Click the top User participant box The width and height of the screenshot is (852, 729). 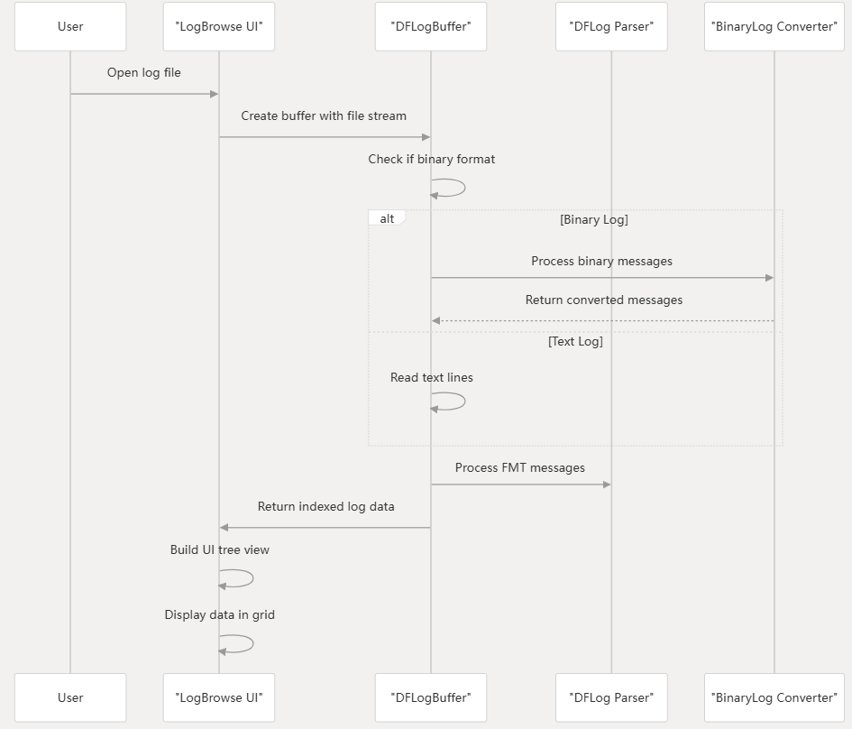point(70,26)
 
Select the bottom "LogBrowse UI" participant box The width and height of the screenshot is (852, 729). point(219,697)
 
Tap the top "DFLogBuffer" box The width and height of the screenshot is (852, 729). point(430,26)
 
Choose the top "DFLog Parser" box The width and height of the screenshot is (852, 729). point(611,26)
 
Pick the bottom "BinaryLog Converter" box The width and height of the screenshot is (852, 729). point(774,697)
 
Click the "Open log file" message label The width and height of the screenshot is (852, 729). point(144,73)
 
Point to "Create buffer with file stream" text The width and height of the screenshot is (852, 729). point(324,116)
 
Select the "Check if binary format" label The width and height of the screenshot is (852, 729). point(431,160)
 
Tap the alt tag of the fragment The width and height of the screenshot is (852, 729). point(387,218)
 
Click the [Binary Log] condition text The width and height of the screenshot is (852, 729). point(593,219)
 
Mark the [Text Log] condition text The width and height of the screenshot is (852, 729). point(575,342)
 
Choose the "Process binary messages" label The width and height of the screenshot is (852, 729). point(601,262)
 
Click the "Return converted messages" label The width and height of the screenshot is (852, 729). point(603,300)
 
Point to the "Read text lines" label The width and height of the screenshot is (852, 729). point(431,378)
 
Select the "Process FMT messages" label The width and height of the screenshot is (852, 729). point(519,468)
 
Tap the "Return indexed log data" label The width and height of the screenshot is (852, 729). point(325,507)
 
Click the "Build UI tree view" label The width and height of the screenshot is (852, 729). point(219,550)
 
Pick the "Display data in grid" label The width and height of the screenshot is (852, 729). point(219,615)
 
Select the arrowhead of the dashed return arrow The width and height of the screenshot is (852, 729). point(435,320)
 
